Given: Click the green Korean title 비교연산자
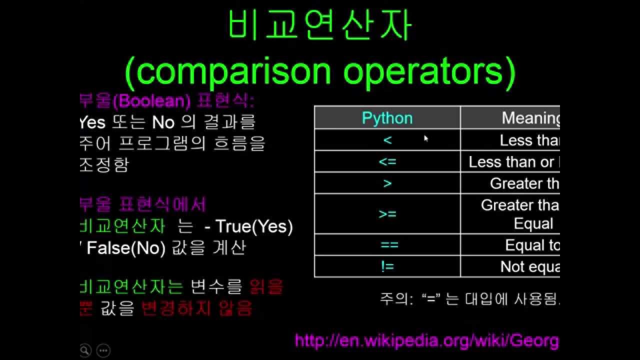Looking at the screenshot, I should coord(320,26).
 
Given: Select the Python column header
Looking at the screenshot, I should coord(387,118).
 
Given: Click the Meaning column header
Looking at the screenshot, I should coord(530,118).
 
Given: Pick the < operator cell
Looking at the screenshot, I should coord(387,140).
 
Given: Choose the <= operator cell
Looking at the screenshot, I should coord(387,161).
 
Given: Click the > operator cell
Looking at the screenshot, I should coord(387,183).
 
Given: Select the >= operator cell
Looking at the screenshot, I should coord(387,214).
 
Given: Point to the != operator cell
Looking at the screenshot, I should coord(387,266).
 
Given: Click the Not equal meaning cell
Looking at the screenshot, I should coord(529,266).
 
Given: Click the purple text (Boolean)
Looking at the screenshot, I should coord(152,101).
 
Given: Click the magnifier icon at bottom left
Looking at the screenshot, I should coord(85,350).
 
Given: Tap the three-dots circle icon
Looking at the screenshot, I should coord(103,350).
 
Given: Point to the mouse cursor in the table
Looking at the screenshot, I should coord(426,138).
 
